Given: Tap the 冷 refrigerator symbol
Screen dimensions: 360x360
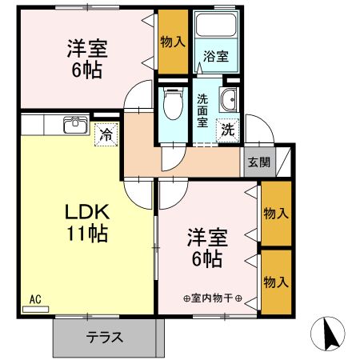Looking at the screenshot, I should coord(105,134).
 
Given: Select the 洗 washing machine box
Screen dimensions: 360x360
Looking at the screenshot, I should coord(228,126).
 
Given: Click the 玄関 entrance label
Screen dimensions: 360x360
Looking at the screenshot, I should coord(258,162).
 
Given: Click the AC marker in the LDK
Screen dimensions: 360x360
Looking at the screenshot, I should coord(35,299).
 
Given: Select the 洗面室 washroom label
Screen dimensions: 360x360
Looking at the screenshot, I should coord(202,110).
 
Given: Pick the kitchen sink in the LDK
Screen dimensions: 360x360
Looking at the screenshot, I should coord(75,123).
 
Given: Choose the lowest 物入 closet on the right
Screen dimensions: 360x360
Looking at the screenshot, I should coord(276,282).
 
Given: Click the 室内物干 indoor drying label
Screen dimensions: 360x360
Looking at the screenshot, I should coord(213,299).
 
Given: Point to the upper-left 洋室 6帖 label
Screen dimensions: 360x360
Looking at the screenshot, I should coord(84,58).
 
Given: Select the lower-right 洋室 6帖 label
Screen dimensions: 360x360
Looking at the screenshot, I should coord(207,248).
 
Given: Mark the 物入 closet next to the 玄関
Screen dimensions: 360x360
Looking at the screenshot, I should coord(276,214).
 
